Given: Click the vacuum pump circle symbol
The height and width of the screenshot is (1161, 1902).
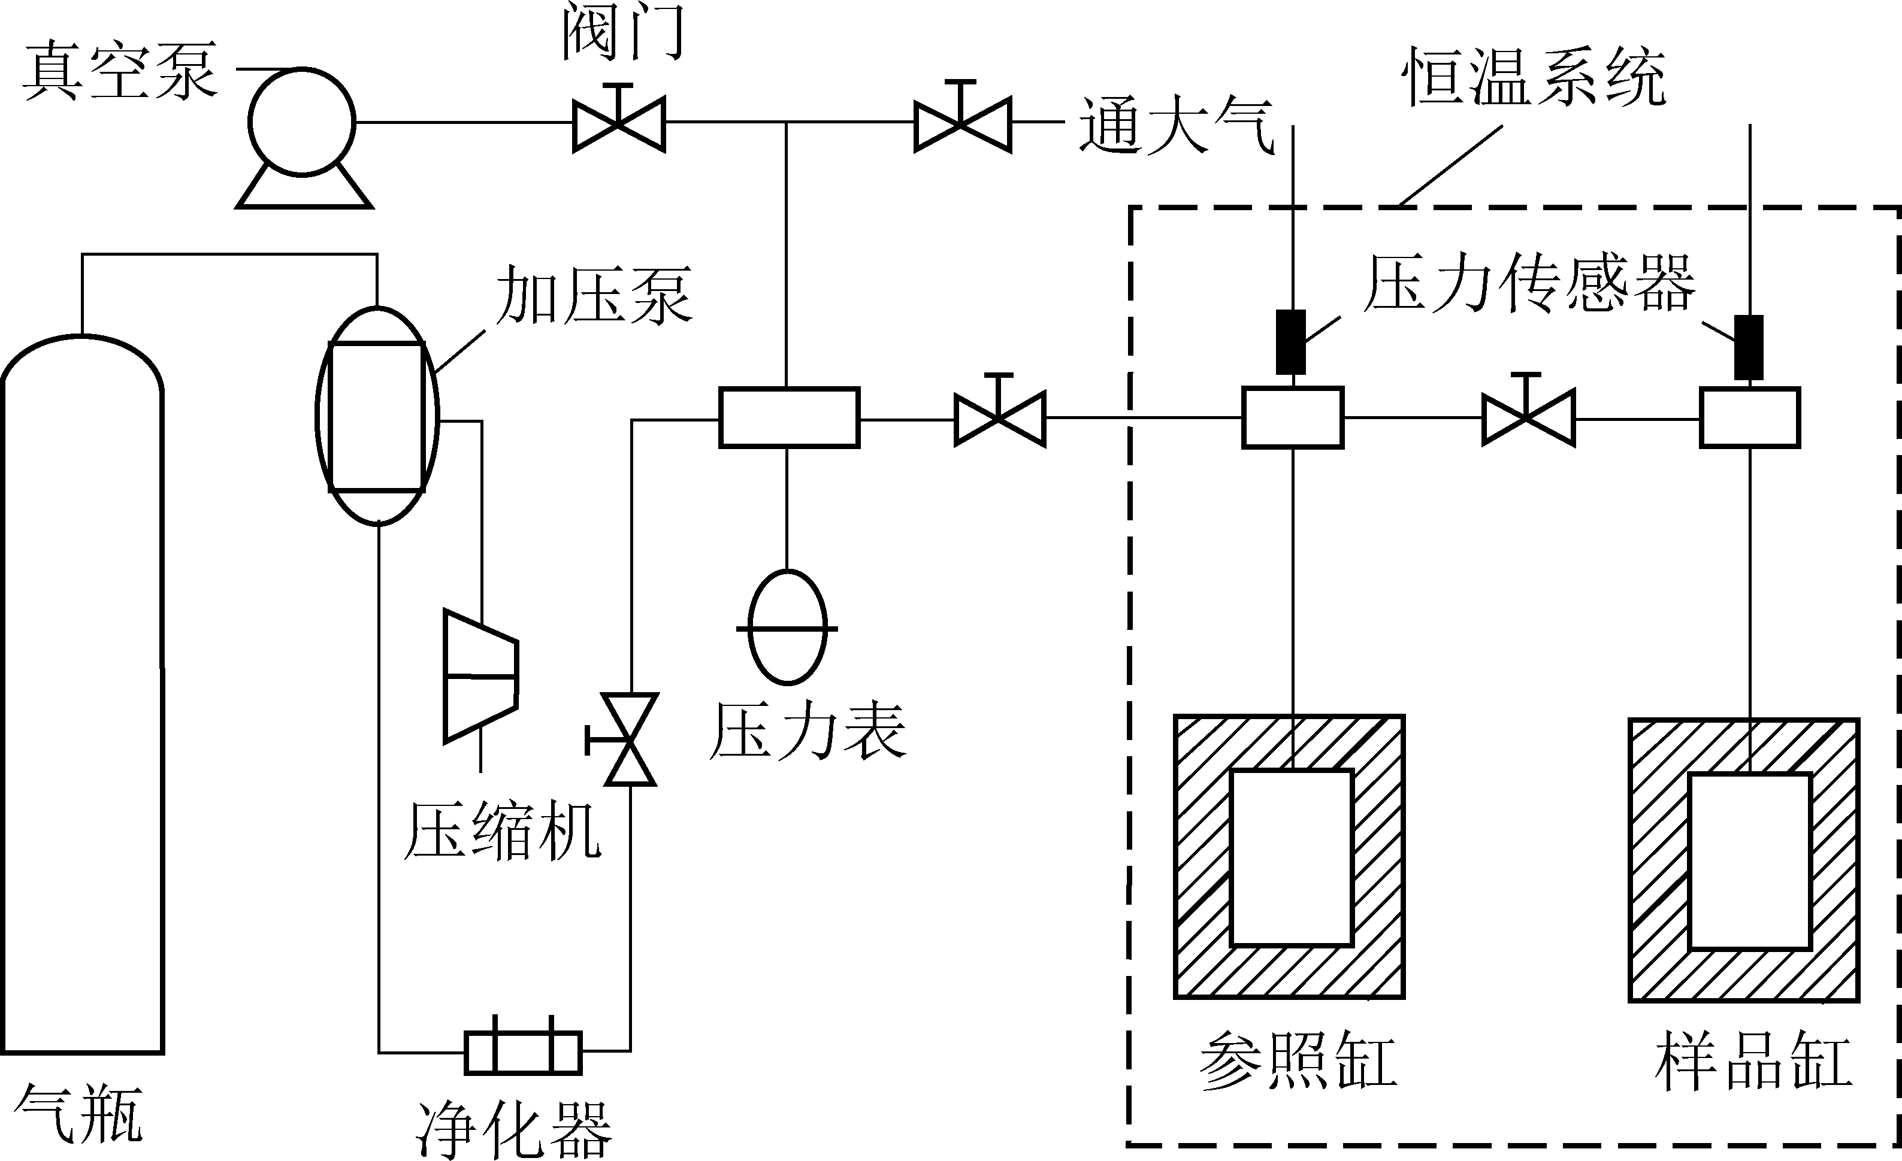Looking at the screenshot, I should [302, 123].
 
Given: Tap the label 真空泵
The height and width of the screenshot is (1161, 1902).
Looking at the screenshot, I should [120, 72].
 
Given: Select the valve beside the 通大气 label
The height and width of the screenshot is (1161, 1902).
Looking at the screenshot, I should [963, 123].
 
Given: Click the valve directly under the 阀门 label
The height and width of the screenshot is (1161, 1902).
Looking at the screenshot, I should [618, 123].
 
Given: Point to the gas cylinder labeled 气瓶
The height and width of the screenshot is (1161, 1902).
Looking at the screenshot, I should [83, 695].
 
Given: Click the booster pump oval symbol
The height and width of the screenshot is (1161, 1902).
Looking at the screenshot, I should [377, 417].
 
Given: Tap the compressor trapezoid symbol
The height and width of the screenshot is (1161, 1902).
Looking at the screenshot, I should [480, 677].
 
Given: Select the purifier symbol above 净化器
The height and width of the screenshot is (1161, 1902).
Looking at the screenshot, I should [522, 1053].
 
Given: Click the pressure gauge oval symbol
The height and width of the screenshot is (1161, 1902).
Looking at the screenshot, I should [787, 627].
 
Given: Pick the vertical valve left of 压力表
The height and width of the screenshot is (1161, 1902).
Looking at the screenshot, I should [630, 739].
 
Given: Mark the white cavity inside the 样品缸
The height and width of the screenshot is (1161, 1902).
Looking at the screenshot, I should [1749, 862].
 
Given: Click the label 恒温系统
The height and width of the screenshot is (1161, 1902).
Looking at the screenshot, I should [1534, 77].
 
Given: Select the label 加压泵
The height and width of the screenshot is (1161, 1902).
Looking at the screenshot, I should [593, 295].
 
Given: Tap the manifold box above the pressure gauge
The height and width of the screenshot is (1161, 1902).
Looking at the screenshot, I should [789, 417].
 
